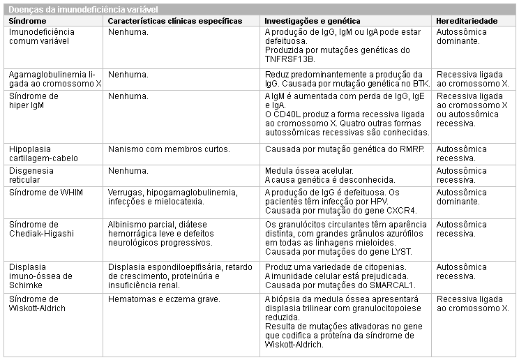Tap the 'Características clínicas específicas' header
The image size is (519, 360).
click(x=175, y=22)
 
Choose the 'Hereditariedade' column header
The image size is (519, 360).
click(x=467, y=22)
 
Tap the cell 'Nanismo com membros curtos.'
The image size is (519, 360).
click(x=169, y=149)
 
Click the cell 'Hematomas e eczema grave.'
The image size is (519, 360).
click(x=164, y=299)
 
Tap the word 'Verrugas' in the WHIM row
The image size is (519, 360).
click(x=126, y=192)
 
